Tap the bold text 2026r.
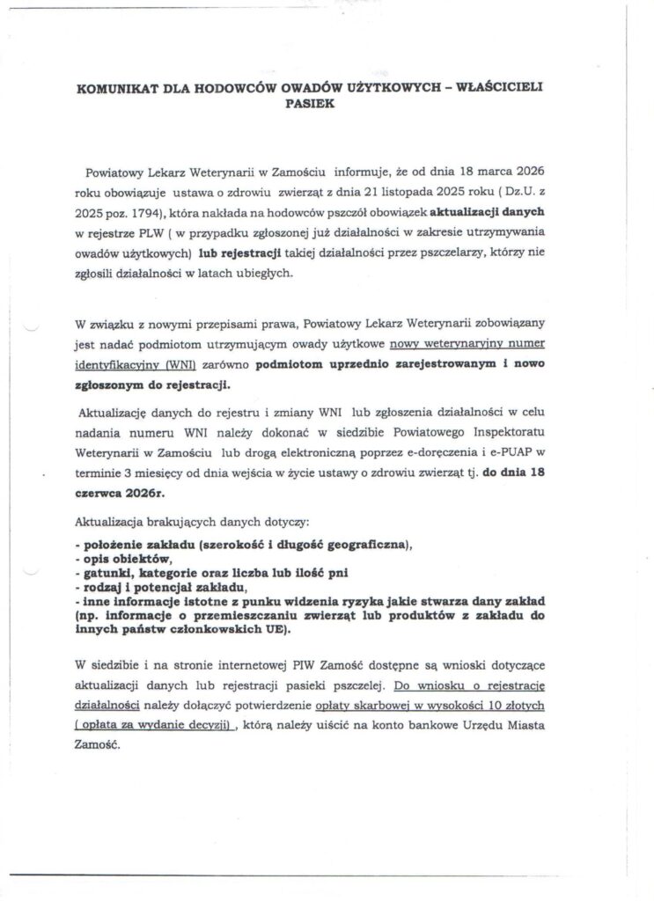[x=118, y=495]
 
